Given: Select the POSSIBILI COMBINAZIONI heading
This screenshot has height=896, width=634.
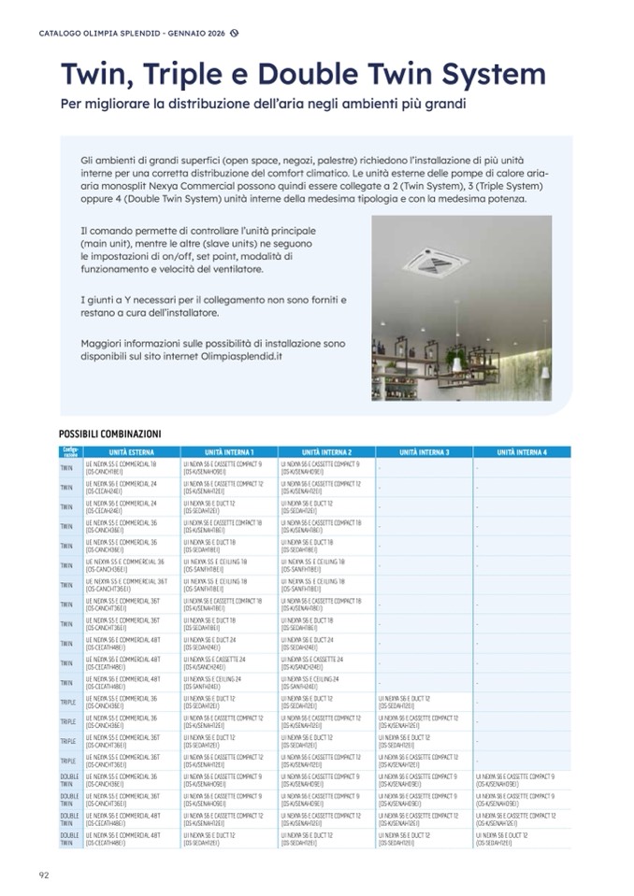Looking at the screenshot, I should pos(109,434).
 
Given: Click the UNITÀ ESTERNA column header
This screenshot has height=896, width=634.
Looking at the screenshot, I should pos(131,452).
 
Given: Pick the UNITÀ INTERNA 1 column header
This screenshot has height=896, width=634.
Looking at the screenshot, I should pos(228,452).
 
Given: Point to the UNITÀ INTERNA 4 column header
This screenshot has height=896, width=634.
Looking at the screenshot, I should pos(522,452).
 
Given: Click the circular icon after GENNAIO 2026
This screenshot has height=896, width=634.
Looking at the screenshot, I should pos(235,33).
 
